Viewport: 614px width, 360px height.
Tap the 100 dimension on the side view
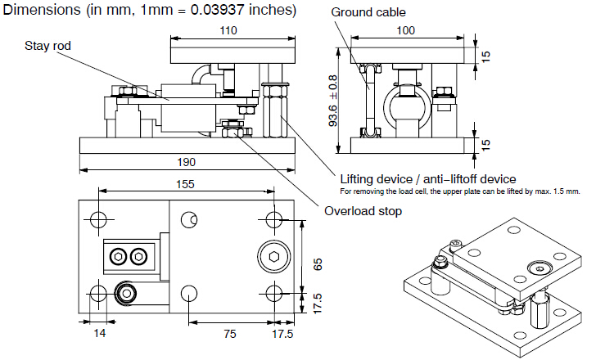404,30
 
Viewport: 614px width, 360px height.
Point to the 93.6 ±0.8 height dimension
334,100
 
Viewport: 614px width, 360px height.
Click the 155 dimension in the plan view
186,185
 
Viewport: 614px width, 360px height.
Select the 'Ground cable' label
368,12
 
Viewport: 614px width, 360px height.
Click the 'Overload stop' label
362,211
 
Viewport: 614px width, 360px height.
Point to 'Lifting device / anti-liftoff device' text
427,178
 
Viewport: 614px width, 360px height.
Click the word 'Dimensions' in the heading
43,10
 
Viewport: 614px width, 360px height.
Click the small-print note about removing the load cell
459,191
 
